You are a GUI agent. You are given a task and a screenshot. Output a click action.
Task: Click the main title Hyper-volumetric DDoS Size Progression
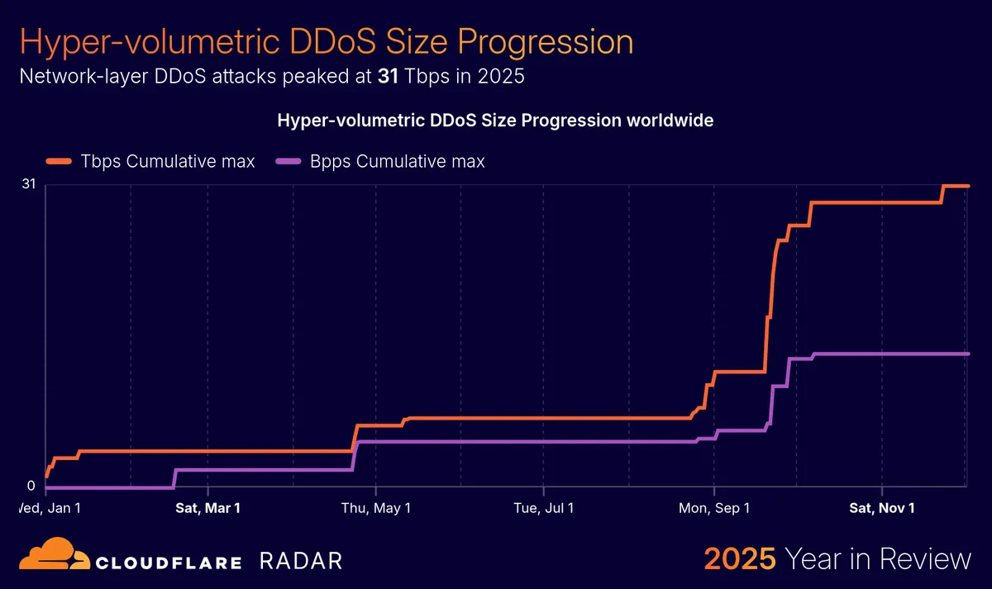pyautogui.click(x=326, y=41)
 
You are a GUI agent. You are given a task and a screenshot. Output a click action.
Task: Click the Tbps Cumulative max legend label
pyautogui.click(x=167, y=161)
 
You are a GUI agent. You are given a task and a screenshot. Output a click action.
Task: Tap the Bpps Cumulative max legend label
pyautogui.click(x=397, y=161)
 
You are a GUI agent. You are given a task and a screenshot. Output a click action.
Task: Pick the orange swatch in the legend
pyautogui.click(x=60, y=161)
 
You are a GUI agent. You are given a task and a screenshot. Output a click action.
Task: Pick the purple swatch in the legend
pyautogui.click(x=289, y=161)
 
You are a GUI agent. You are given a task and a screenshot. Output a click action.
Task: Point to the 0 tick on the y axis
pyautogui.click(x=31, y=486)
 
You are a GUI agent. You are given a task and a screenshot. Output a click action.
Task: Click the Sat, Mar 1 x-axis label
pyautogui.click(x=207, y=508)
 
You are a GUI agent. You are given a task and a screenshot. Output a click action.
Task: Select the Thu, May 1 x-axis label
pyautogui.click(x=376, y=508)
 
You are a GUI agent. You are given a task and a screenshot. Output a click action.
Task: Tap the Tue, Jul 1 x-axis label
pyautogui.click(x=544, y=508)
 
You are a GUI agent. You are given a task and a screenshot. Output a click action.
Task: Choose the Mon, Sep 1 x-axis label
pyautogui.click(x=713, y=508)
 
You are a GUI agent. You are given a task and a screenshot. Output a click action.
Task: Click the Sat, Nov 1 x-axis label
pyautogui.click(x=882, y=508)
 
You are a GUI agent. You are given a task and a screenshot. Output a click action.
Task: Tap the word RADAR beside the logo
pyautogui.click(x=300, y=562)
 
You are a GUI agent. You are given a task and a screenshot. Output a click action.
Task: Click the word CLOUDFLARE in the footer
pyautogui.click(x=169, y=563)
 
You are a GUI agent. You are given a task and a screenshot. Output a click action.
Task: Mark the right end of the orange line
pyautogui.click(x=967, y=186)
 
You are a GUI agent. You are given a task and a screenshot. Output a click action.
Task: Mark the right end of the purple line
pyautogui.click(x=967, y=354)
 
